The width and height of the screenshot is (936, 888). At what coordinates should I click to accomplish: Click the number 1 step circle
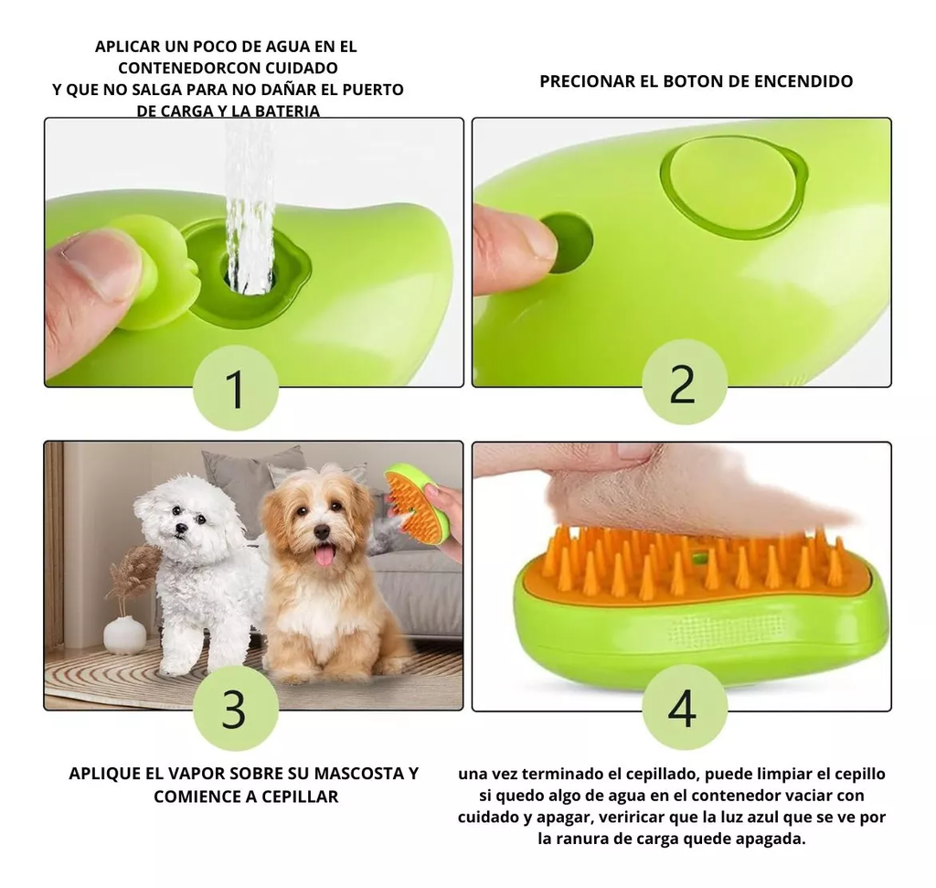pos(235,388)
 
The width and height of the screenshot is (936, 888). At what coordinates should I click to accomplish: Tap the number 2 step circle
pos(684,382)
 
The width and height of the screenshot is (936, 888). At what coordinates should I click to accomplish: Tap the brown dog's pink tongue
pos(324,553)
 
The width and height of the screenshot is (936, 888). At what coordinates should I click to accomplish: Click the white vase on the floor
pos(124,634)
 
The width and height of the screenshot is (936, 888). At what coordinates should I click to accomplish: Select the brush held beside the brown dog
pos(416,502)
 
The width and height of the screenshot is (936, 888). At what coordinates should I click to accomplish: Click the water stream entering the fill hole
pos(250,219)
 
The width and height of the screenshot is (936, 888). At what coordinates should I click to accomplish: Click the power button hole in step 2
pos(568,242)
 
